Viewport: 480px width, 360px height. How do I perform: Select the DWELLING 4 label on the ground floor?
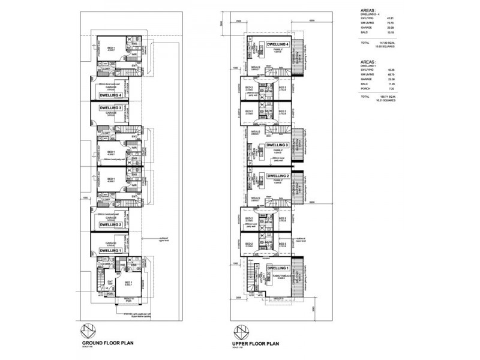pyautogui.click(x=111, y=95)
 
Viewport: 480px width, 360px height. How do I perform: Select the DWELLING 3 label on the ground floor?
pyautogui.click(x=111, y=108)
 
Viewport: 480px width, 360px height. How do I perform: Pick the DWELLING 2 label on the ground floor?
pyautogui.click(x=111, y=224)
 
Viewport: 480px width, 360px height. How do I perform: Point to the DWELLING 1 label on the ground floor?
pyautogui.click(x=111, y=251)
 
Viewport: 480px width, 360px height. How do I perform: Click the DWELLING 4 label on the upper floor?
pyautogui.click(x=278, y=44)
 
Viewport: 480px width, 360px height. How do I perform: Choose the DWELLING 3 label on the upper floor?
pyautogui.click(x=278, y=145)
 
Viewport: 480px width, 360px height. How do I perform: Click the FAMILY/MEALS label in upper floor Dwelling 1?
pyautogui.click(x=276, y=276)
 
